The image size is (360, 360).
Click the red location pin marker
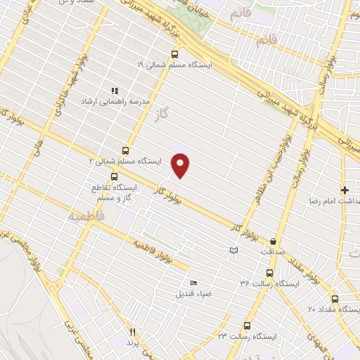coord(181,165)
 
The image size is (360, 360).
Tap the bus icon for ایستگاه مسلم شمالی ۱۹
coord(174,53)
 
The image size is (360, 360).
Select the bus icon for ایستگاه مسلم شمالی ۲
coord(125,150)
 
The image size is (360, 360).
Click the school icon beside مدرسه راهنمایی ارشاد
coord(115,91)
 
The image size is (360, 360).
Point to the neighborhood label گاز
coord(164,113)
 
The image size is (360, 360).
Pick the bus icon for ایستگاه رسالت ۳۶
coord(269,273)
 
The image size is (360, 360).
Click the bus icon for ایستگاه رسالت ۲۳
coord(247,325)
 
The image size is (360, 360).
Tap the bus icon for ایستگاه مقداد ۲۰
coord(334,299)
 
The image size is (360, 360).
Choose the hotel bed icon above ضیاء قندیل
coord(193,283)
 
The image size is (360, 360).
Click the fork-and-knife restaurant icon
coord(130,331)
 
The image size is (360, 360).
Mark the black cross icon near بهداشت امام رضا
coord(345,190)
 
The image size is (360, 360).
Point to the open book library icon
coord(234,250)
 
